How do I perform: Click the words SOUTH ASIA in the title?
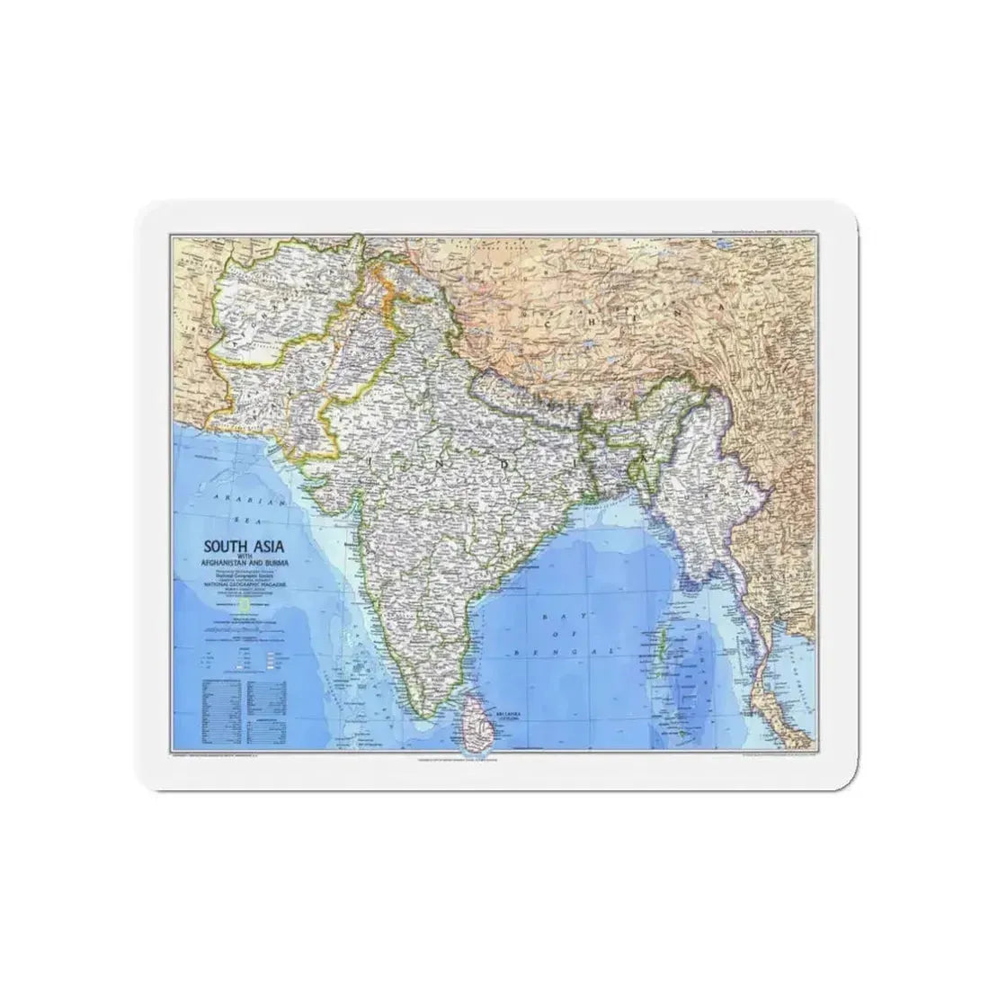239,545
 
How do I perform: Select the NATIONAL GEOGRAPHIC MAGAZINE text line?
248,584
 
